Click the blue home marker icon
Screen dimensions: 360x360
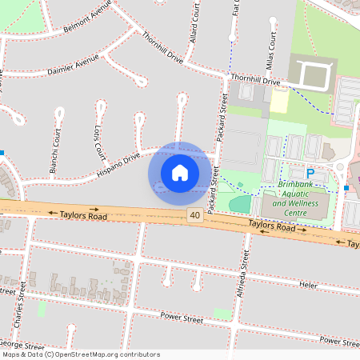pos(179,172)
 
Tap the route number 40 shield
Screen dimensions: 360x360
pos(194,216)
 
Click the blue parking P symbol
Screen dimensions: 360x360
pos(310,174)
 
